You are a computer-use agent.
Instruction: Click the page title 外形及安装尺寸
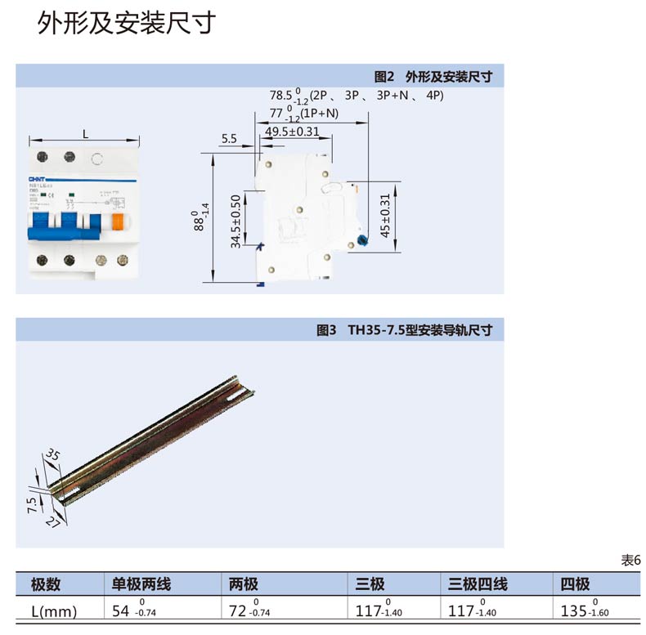click(126, 24)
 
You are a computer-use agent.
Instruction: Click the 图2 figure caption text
click(433, 77)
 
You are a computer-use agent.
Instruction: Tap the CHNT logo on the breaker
click(40, 178)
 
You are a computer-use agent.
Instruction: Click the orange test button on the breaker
click(119, 222)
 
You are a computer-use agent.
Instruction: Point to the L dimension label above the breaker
click(86, 133)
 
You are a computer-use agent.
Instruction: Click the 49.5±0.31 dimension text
click(292, 132)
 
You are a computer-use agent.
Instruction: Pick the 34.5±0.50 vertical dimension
click(236, 221)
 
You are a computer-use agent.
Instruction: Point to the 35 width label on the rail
click(52, 454)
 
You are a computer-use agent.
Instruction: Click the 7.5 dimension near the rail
click(32, 503)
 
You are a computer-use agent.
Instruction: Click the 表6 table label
click(630, 561)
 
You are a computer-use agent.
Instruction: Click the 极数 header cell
click(46, 584)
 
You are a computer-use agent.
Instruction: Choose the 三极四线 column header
click(478, 584)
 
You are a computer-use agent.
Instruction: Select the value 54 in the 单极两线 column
click(121, 610)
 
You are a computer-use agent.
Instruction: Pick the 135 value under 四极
click(574, 610)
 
